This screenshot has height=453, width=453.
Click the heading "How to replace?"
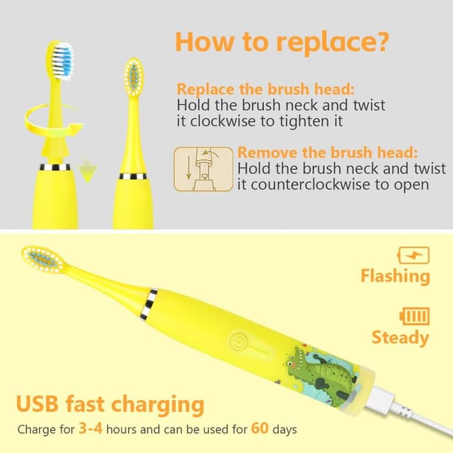pos(282,42)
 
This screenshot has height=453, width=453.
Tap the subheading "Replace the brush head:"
pos(265,88)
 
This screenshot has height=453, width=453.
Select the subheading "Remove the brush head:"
pos(328,152)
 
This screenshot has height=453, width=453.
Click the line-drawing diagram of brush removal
pos(203,169)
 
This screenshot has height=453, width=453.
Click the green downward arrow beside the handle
pos(88,171)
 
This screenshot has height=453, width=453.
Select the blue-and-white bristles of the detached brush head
pos(62,61)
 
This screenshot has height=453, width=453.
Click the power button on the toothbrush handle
pos(239,342)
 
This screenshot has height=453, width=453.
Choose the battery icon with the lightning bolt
pos(413,256)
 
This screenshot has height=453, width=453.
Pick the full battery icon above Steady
pos(415,316)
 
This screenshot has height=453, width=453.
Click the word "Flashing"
pos(395,276)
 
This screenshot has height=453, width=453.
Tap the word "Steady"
pos(400,338)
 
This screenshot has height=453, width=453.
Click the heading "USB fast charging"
pos(110,404)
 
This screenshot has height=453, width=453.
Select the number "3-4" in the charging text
pos(91,428)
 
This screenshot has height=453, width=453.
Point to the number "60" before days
pos(260,428)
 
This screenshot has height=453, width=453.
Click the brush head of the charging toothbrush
pos(42,258)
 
